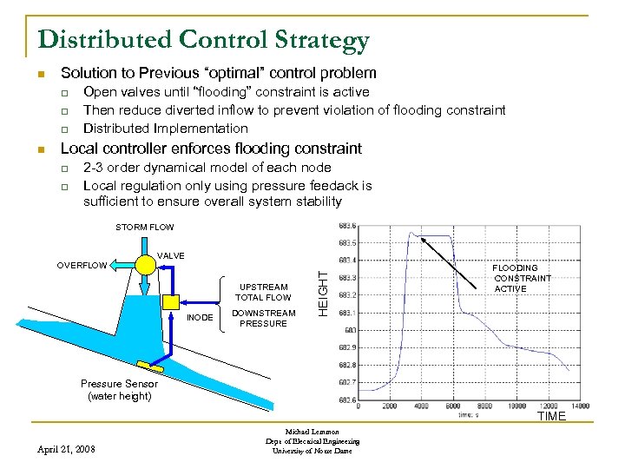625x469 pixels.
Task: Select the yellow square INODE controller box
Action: coord(171,301)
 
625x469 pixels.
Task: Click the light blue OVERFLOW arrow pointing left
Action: coord(119,265)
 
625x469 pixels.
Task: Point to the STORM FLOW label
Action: coord(145,228)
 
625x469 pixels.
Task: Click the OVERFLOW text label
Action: coord(82,266)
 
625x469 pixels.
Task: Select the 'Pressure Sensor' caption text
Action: coord(119,384)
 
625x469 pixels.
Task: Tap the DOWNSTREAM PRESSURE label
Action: coord(263,318)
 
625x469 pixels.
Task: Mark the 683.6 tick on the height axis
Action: coord(349,225)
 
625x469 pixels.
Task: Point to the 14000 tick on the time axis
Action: coord(579,406)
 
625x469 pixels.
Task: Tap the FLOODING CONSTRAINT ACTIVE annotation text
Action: coord(522,279)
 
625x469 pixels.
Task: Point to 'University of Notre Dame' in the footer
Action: coord(312,451)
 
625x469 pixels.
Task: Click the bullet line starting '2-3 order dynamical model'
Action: coord(207,167)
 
